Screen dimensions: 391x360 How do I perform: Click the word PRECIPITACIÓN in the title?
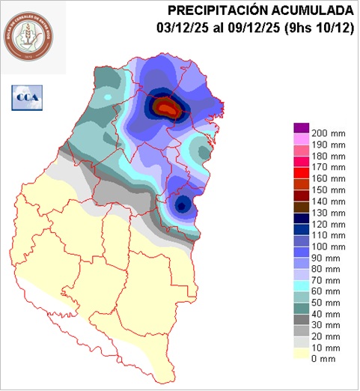point(216,10)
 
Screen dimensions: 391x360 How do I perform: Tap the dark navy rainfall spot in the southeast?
point(180,204)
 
